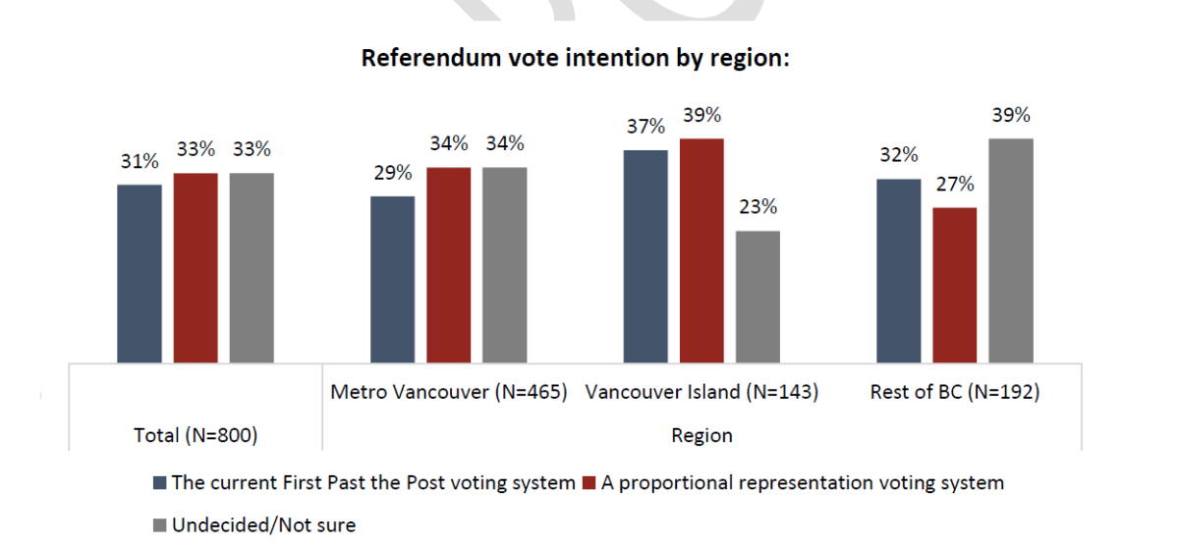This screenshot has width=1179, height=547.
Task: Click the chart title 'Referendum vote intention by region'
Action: (x=576, y=58)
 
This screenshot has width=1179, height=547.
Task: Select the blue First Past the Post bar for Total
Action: (x=140, y=273)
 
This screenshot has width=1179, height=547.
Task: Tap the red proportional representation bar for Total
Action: (x=196, y=267)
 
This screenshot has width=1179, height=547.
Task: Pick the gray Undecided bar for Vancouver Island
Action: (x=758, y=297)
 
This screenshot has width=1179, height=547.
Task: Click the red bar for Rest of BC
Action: (x=955, y=285)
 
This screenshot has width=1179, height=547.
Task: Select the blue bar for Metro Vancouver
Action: (x=392, y=279)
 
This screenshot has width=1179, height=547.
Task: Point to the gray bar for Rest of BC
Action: (x=1011, y=250)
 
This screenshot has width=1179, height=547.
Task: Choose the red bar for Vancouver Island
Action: (x=702, y=250)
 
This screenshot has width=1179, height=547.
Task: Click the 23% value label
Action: (x=758, y=207)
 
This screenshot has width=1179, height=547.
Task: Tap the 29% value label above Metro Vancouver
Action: (x=392, y=172)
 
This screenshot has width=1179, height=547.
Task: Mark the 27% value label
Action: (x=955, y=184)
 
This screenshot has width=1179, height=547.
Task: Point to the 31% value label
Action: (x=140, y=161)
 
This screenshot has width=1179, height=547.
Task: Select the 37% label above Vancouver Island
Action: (x=646, y=127)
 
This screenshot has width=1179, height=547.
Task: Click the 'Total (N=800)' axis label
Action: (x=196, y=435)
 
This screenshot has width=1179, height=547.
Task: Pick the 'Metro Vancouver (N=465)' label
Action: (x=449, y=393)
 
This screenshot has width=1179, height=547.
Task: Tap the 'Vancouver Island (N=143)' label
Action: (x=702, y=393)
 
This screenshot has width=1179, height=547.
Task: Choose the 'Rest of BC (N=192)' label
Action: (x=955, y=393)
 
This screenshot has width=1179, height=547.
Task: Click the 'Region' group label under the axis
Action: (x=702, y=435)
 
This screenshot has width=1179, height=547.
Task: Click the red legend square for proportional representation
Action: (x=589, y=483)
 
